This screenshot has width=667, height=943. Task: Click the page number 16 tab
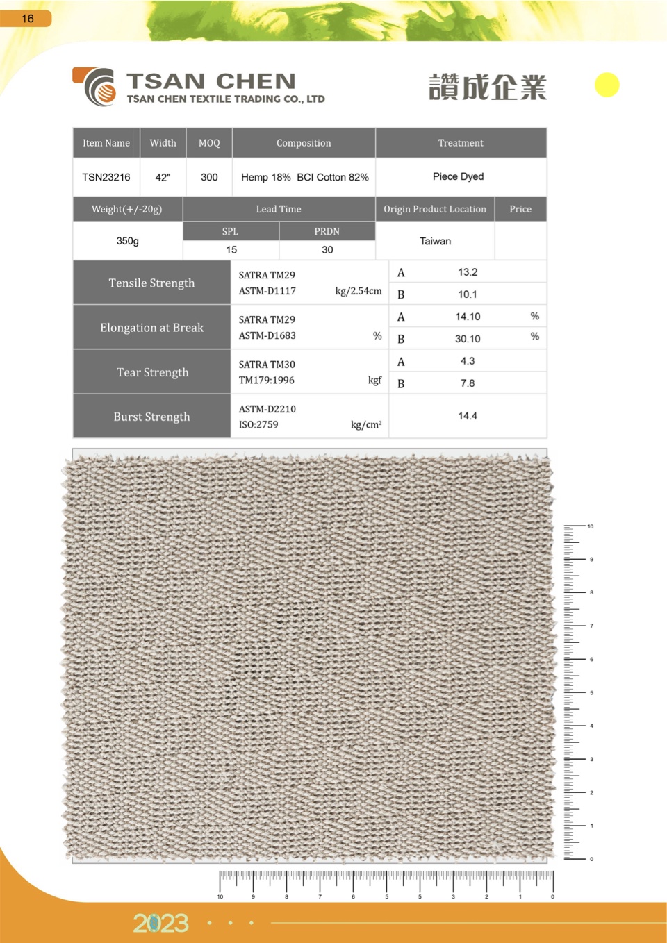[26, 18]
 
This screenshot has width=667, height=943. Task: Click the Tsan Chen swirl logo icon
[96, 87]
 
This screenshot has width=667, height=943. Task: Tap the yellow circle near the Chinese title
[607, 85]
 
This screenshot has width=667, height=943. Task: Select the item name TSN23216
[106, 177]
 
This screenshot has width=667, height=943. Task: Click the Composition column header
[304, 143]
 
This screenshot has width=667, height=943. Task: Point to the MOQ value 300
[209, 177]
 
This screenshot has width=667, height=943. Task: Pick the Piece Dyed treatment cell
[458, 176]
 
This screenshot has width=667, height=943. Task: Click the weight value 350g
[127, 241]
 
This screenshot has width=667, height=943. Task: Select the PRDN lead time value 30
[327, 249]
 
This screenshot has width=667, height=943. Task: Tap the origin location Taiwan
[435, 241]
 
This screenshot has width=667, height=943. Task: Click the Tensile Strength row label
[151, 283]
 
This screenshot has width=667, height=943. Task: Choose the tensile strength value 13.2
[468, 272]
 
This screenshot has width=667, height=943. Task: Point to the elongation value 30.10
[468, 339]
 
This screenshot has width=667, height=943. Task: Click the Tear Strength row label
[152, 372]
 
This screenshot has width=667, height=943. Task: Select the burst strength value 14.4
[468, 416]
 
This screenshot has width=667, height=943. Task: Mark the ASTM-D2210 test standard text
[267, 409]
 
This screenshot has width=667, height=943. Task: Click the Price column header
[520, 209]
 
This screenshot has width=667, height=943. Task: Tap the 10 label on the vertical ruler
[591, 526]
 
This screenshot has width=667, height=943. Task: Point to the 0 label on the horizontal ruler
[552, 896]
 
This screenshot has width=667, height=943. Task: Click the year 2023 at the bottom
[160, 923]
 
